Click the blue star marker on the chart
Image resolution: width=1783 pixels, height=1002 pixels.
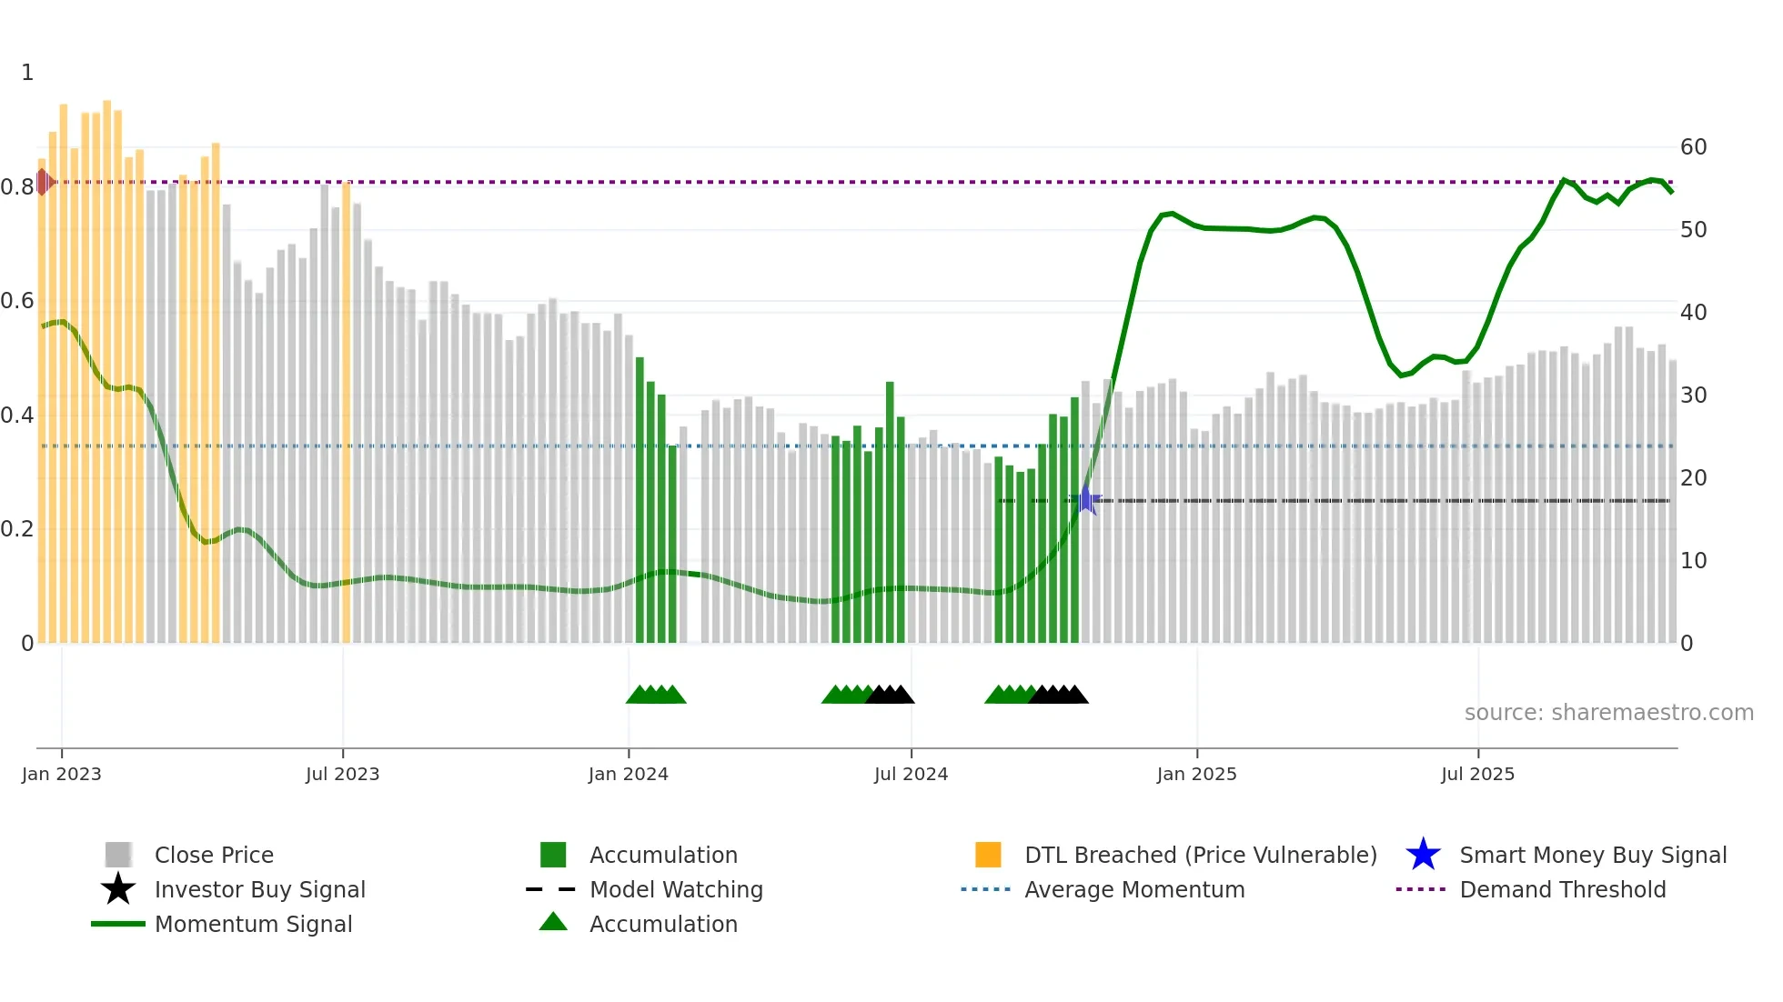click(1085, 499)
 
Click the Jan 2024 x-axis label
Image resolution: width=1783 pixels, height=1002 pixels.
click(628, 774)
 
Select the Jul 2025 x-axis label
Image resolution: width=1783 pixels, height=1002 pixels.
click(1477, 774)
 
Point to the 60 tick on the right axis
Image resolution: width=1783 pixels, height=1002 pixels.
click(1693, 147)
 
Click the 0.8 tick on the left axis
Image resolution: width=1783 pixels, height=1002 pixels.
click(17, 187)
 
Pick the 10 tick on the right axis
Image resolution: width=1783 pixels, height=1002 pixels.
click(1693, 561)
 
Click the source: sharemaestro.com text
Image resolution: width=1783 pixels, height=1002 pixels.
click(1608, 712)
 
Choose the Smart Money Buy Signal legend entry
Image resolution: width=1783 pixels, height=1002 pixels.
click(1592, 855)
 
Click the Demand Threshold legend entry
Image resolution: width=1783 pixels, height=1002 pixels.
click(1562, 889)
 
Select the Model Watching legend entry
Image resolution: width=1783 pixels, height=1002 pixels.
click(676, 889)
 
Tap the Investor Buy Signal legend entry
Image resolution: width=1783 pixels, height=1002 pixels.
click(259, 889)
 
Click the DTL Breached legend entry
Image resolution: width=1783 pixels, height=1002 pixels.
click(1200, 855)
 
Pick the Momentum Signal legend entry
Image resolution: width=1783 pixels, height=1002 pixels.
click(253, 924)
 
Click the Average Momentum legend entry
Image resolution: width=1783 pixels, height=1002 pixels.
click(1133, 889)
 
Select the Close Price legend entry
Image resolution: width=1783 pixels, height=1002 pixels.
click(214, 855)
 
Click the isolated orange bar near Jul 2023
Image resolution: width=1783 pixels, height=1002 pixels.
click(346, 409)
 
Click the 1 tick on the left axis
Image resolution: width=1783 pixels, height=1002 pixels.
click(27, 73)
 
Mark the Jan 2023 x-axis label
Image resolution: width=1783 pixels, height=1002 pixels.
click(61, 774)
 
